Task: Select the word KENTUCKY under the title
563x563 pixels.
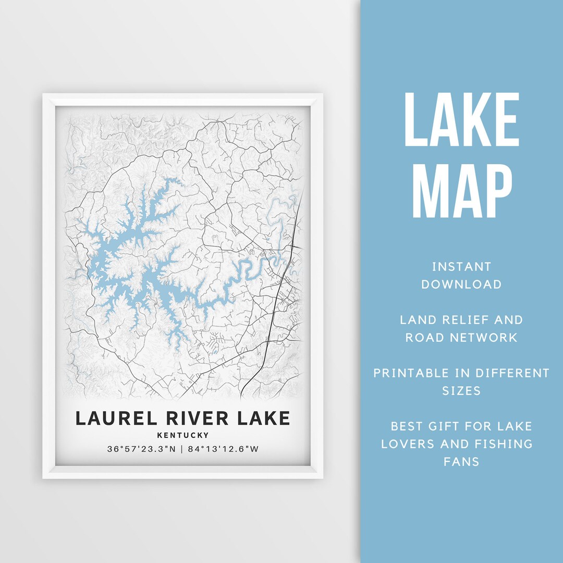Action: click(x=182, y=435)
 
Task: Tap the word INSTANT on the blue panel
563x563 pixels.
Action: click(x=462, y=267)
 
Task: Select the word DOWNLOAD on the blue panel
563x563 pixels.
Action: click(x=462, y=284)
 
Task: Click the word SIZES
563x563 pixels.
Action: click(x=462, y=390)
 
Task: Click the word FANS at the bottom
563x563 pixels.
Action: click(x=462, y=461)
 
